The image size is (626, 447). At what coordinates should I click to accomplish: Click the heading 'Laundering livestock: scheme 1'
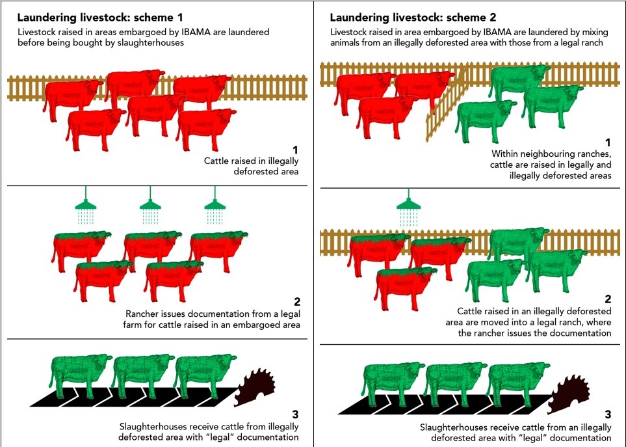coord(100,18)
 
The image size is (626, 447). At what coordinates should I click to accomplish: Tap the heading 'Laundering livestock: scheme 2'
coord(413,18)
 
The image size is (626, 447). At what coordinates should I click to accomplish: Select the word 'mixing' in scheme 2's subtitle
coord(593,32)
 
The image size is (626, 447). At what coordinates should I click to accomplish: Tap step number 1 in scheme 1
coord(295,150)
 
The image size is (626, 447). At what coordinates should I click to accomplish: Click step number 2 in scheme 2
coord(608,299)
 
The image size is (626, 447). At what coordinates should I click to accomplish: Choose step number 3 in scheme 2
coord(608,414)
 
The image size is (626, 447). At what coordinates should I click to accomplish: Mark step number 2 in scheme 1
coord(296,302)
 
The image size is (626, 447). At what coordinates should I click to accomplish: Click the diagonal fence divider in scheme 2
coord(447,105)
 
